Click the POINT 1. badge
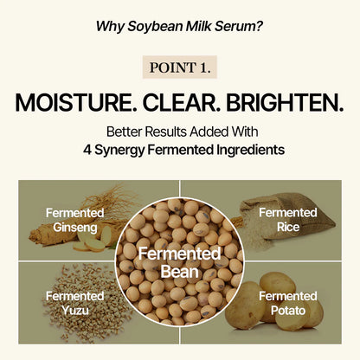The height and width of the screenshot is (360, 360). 180,67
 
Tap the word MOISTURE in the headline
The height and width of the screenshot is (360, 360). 72,102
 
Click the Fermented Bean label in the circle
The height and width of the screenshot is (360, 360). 180,261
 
